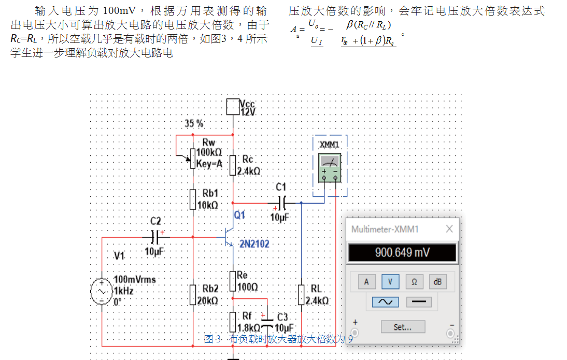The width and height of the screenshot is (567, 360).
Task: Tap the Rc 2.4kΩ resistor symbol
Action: point(233,165)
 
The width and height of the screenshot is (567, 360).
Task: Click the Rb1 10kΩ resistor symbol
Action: point(193,199)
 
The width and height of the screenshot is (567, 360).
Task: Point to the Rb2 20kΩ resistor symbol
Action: point(193,294)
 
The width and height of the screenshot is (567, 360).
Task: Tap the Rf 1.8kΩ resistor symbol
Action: point(233,322)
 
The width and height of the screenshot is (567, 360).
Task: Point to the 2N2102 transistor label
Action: point(254,243)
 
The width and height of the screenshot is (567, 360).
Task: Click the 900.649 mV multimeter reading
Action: point(402,253)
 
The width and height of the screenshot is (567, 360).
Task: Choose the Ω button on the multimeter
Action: point(414,282)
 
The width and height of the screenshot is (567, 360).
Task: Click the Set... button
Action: point(403,327)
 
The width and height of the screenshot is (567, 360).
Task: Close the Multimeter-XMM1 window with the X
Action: point(449,229)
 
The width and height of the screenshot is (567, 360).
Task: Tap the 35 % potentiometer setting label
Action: point(194,124)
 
